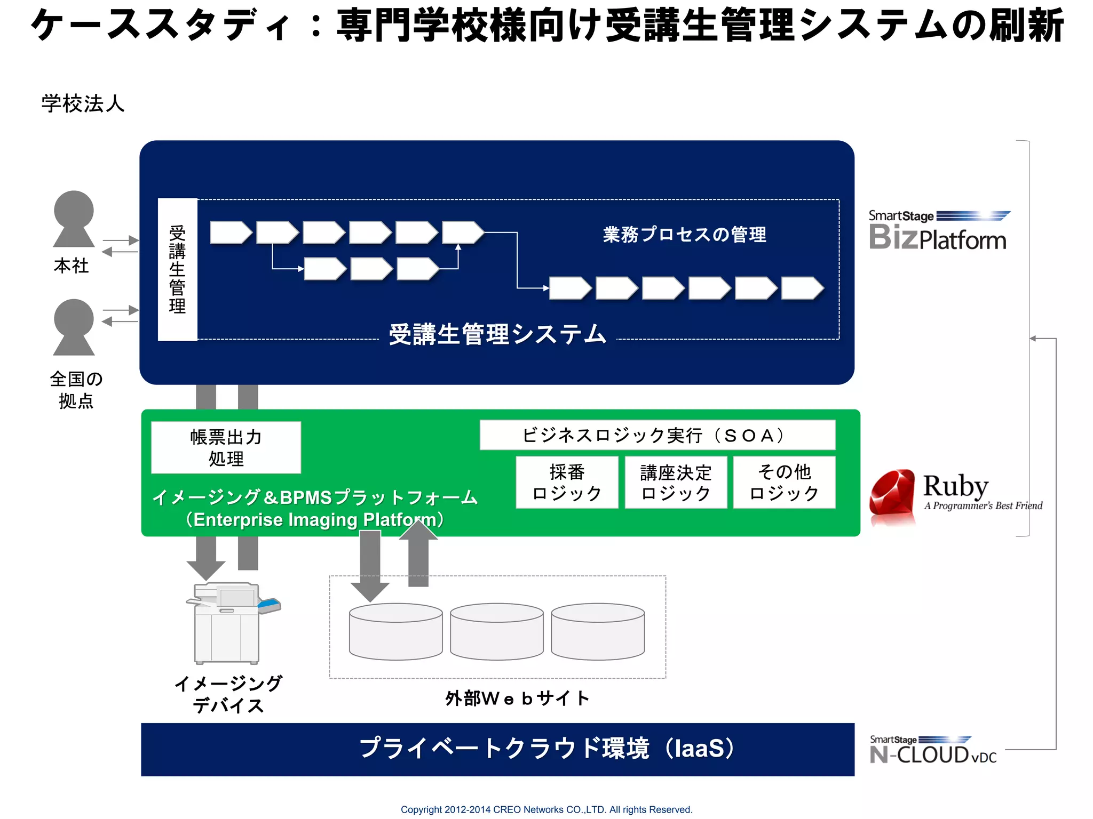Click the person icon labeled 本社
coord(74,219)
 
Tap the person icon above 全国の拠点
coord(74,327)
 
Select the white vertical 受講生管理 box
coord(177,269)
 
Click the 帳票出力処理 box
coord(226,447)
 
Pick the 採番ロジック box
coord(567,482)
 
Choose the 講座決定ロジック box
coord(676,482)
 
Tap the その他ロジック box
coord(784,482)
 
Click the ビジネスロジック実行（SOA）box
coord(657,435)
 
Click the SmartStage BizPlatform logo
coord(938,231)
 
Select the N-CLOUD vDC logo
coord(933,751)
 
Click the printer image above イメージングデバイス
coord(228,623)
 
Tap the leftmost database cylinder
coord(395,632)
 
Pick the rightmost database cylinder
coord(598,632)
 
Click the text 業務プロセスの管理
coord(684,235)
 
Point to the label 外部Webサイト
coord(517,698)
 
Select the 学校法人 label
coord(83,103)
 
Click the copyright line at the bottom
coord(546,809)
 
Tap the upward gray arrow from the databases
coord(418,555)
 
